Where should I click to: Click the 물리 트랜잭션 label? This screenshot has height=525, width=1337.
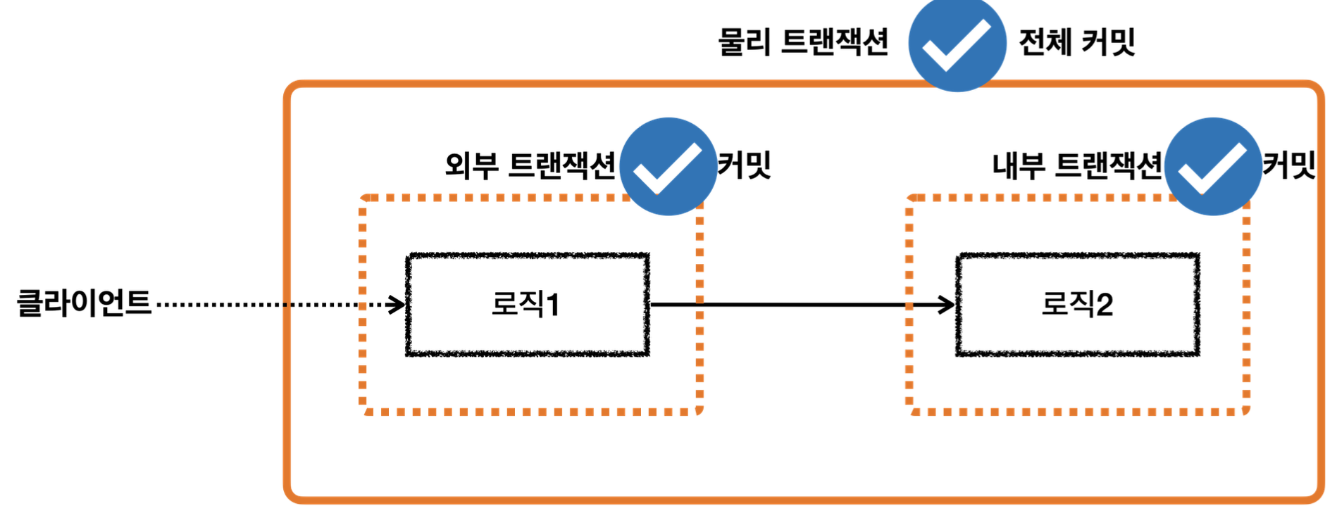click(x=803, y=42)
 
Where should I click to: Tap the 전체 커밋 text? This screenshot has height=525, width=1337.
click(x=1077, y=42)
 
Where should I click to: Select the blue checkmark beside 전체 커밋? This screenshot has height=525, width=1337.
click(x=957, y=44)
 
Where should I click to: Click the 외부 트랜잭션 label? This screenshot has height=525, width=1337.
click(x=530, y=166)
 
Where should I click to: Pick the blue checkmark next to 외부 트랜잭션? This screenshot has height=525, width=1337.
click(x=668, y=167)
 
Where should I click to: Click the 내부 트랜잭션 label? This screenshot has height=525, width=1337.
click(x=1077, y=166)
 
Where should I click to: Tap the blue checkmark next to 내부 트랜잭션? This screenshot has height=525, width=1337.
click(x=1212, y=167)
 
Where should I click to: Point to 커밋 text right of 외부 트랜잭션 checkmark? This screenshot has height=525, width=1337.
click(x=745, y=165)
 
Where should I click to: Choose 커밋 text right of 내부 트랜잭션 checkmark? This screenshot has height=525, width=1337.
click(x=1289, y=165)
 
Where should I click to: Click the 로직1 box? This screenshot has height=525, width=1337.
click(x=527, y=305)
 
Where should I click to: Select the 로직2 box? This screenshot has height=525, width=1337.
click(x=1077, y=305)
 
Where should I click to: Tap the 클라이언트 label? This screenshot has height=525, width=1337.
click(x=84, y=303)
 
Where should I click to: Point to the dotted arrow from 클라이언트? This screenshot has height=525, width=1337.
click(x=268, y=305)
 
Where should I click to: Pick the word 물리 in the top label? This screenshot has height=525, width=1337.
click(x=744, y=42)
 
